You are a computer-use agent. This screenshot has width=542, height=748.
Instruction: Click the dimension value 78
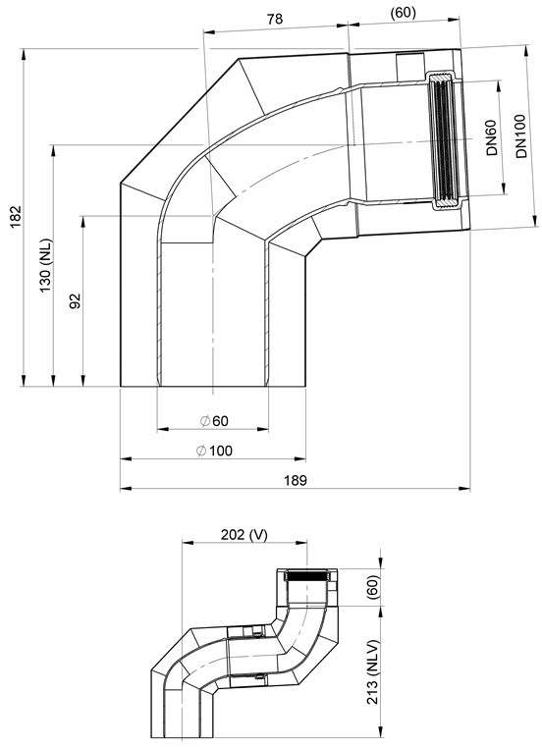point(275,19)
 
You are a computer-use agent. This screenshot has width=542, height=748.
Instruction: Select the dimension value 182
point(17,217)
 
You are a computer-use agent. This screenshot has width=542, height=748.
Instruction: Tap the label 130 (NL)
point(46,265)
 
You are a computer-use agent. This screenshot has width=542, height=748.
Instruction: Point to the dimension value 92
point(76,301)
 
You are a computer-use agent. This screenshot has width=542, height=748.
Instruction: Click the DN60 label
point(491,137)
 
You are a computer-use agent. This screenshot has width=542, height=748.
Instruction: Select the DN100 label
point(520,136)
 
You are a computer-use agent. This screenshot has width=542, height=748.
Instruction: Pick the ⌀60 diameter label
point(214,421)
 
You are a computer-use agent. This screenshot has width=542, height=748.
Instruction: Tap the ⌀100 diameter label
point(214,451)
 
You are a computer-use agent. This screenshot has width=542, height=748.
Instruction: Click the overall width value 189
point(295,480)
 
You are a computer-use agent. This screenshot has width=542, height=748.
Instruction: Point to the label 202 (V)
point(244,535)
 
